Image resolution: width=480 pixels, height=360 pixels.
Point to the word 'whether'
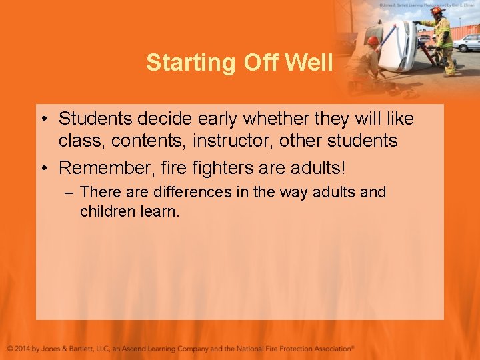coord(271,119)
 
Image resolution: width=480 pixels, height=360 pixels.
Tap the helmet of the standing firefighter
coord(437,10)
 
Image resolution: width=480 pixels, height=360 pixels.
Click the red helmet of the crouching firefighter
coord(373,40)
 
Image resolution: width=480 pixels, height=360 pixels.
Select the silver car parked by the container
coord(466,43)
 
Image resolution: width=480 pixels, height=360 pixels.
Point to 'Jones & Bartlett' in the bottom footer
coord(71,348)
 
